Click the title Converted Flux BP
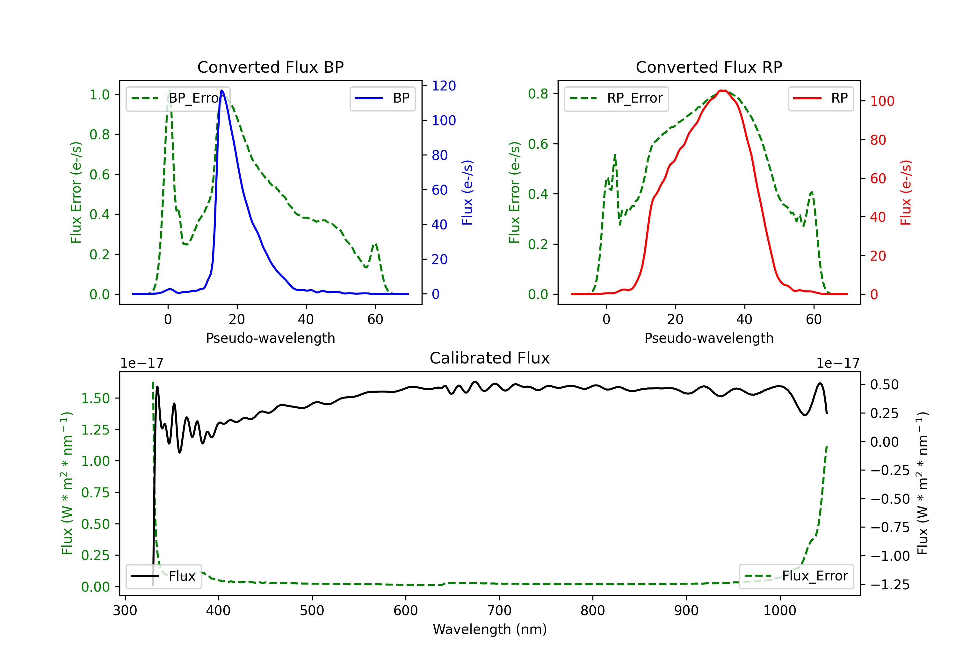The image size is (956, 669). click(270, 67)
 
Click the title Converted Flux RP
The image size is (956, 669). click(709, 67)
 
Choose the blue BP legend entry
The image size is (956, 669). click(382, 98)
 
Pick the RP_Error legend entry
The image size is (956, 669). click(616, 98)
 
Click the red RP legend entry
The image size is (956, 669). click(821, 98)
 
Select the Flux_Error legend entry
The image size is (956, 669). click(796, 576)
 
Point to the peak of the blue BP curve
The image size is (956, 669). click(221, 90)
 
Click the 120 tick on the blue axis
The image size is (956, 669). click(444, 86)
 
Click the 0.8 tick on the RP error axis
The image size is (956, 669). click(538, 94)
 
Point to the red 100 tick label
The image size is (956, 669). click(882, 101)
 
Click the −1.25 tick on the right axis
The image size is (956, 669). click(890, 585)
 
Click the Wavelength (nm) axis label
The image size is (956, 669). click(490, 629)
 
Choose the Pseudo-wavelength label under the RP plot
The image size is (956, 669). click(709, 338)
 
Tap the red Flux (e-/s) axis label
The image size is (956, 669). click(906, 192)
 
